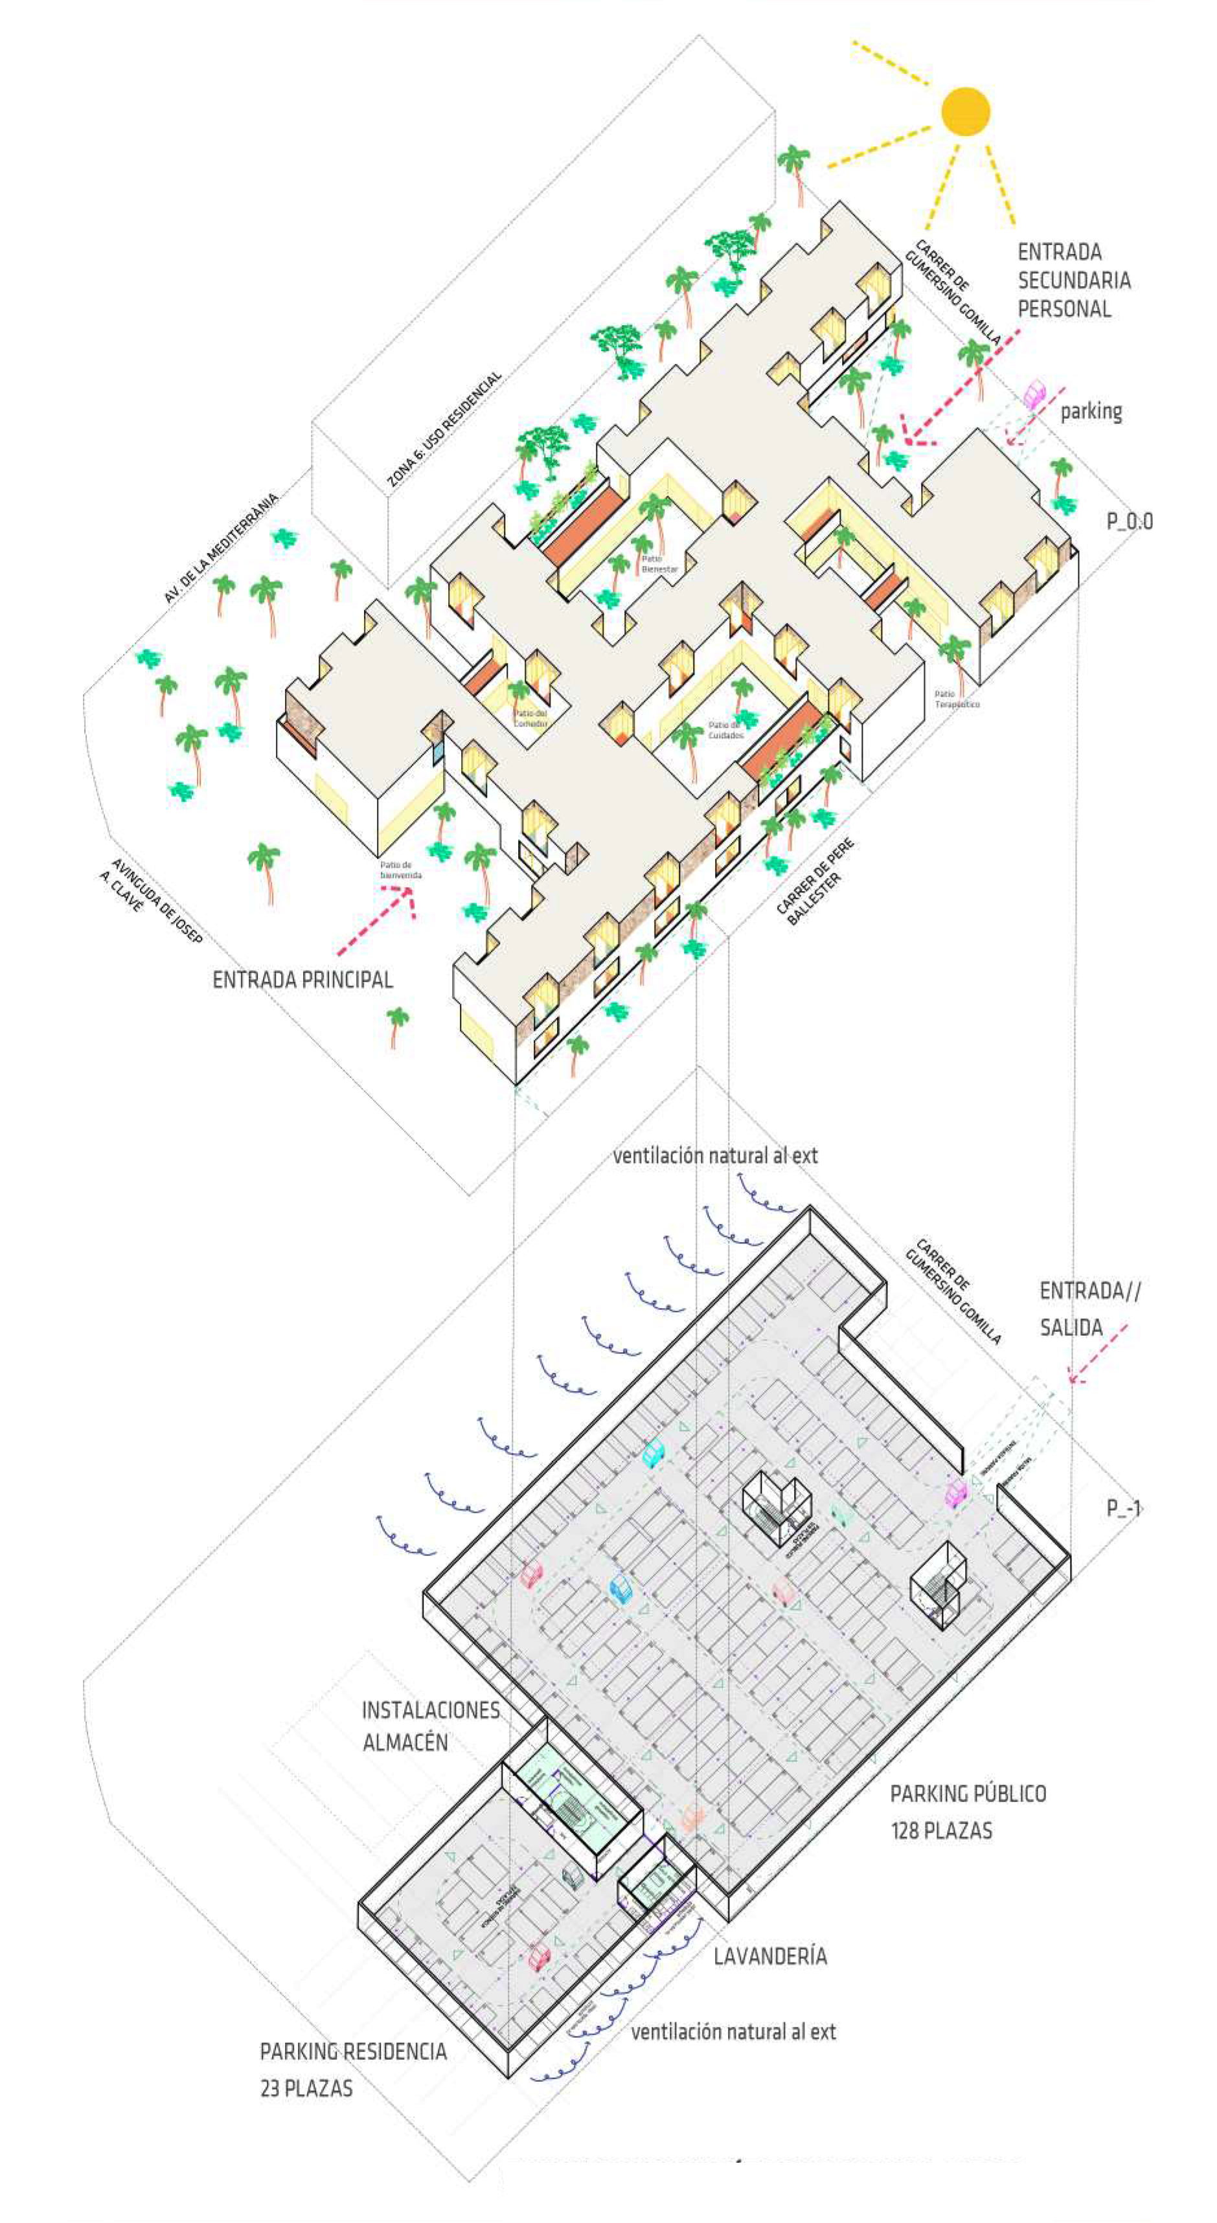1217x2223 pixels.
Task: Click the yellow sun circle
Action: (x=965, y=111)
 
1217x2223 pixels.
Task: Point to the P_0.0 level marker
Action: (x=1129, y=521)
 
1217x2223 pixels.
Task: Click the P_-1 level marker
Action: (x=1124, y=1507)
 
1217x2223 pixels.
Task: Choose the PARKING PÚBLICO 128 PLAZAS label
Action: (x=968, y=1811)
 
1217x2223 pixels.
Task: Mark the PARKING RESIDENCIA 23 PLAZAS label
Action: (x=353, y=2068)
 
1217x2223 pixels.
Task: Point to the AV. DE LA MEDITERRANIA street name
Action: (x=221, y=547)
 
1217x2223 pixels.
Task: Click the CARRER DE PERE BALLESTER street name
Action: (x=814, y=882)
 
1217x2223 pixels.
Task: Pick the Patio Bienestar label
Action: (x=659, y=565)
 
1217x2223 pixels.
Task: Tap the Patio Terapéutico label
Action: (x=957, y=699)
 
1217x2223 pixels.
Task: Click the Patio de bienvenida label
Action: (x=400, y=870)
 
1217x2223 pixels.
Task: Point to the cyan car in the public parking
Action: (x=655, y=1452)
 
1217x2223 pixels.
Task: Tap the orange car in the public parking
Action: (x=692, y=1816)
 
